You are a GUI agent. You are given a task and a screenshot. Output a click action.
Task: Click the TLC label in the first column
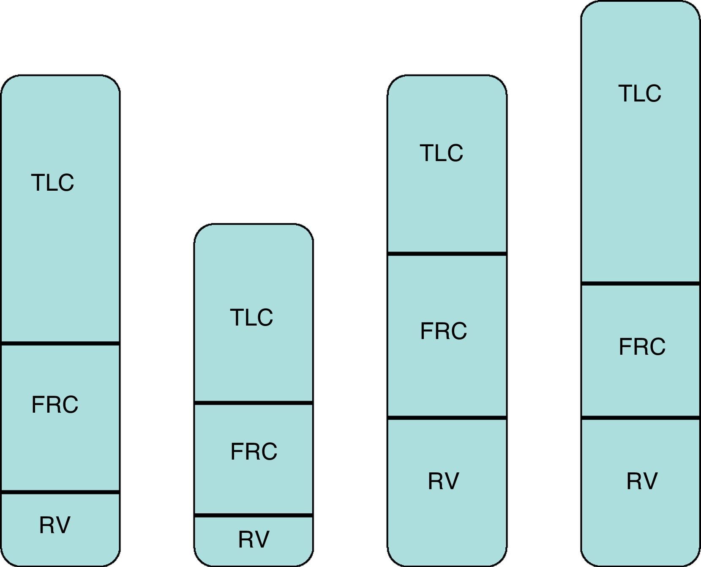(52, 183)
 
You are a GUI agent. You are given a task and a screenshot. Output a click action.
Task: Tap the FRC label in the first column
(55, 405)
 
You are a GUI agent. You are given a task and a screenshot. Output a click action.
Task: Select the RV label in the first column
(55, 525)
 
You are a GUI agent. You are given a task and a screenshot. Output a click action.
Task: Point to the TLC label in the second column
(251, 318)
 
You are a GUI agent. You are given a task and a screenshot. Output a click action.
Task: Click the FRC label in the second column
(254, 452)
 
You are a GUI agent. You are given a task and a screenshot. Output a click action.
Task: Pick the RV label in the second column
(254, 540)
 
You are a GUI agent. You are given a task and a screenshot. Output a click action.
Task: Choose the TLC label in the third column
(441, 153)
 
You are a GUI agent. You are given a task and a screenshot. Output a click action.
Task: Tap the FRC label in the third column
(443, 331)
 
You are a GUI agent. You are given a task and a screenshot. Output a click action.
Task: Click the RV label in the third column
(443, 481)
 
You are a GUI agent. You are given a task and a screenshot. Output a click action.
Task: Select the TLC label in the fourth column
(640, 93)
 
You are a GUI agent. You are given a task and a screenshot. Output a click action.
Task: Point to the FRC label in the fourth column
(642, 347)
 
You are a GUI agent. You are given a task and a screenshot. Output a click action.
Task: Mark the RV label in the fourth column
(642, 481)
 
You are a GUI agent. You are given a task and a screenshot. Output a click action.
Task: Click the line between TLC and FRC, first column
(60, 343)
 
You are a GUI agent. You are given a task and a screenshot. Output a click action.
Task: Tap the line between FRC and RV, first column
(60, 492)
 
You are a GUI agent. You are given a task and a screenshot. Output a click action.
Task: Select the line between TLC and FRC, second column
(254, 403)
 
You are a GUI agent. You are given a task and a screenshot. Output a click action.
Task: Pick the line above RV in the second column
(254, 515)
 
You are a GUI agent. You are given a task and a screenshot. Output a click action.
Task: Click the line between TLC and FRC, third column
(447, 254)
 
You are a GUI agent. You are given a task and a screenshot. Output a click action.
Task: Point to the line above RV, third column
(447, 418)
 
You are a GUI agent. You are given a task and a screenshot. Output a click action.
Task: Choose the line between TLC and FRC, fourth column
(641, 283)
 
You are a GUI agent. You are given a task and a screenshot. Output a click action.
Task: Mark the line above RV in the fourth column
(641, 418)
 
